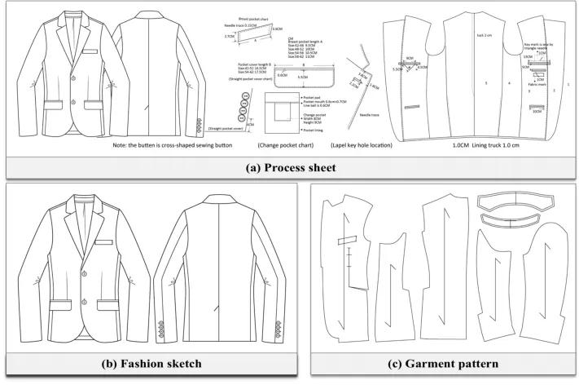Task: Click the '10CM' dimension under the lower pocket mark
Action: [x=536, y=112]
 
